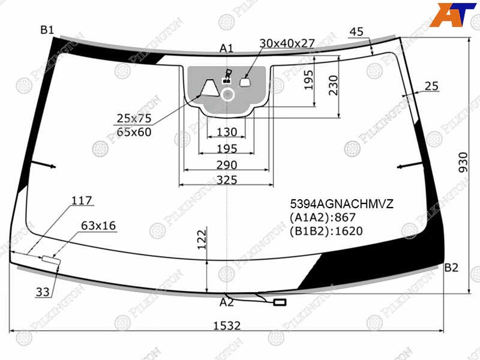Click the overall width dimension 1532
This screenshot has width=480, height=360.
[x=227, y=325]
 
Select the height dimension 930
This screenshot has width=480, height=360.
[x=463, y=162]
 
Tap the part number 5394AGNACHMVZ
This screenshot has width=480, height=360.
[x=341, y=203]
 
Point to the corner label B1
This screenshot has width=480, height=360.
[x=47, y=29]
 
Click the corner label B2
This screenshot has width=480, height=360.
[x=451, y=268]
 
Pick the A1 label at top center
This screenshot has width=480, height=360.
[x=227, y=48]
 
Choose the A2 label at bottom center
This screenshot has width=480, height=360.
[x=227, y=302]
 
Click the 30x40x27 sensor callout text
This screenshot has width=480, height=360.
[x=287, y=43]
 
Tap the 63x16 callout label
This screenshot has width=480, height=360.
[x=98, y=226]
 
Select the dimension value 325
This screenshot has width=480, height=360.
[x=227, y=180]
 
